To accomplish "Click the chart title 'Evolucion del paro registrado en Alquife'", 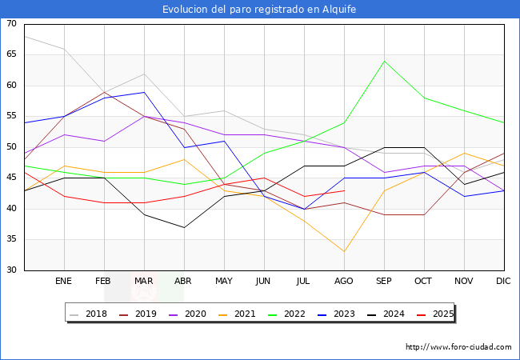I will tap(259, 10).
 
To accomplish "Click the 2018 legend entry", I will tap(90, 314).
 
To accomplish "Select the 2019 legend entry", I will tap(139, 314).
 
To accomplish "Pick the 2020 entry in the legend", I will tap(188, 314).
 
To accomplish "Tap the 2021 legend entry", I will tap(237, 314).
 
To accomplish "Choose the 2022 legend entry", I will tap(286, 314).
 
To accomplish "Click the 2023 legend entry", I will tap(334, 314).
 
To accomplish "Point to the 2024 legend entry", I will tap(383, 314).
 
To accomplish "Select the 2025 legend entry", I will tap(432, 314).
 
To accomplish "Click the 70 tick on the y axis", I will tap(11, 24).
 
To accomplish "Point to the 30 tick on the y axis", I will tap(11, 270).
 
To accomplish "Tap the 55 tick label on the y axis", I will tap(11, 117).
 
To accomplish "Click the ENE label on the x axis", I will tap(64, 282).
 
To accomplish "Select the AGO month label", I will tap(344, 282).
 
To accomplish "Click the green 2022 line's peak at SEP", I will tap(384, 61).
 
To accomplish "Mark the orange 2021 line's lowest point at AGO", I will tap(344, 252).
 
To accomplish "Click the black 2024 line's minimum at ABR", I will tap(184, 227).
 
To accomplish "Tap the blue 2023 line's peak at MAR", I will tap(144, 92).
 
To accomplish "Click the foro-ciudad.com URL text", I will tap(458, 347).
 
